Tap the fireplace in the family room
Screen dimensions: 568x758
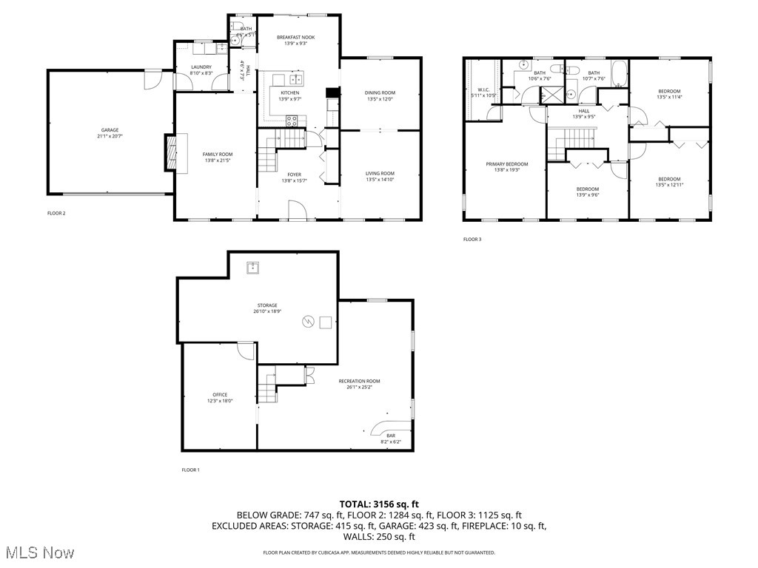(x=171, y=152)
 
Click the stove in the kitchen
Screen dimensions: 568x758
(x=292, y=119)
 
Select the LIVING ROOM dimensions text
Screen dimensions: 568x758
(x=380, y=180)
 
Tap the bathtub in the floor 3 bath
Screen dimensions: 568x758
(x=620, y=75)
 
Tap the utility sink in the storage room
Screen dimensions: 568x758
(x=253, y=267)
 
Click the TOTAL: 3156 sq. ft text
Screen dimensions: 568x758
(x=379, y=504)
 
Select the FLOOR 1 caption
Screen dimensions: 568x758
(x=191, y=470)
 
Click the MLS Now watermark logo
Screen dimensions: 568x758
(x=38, y=552)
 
